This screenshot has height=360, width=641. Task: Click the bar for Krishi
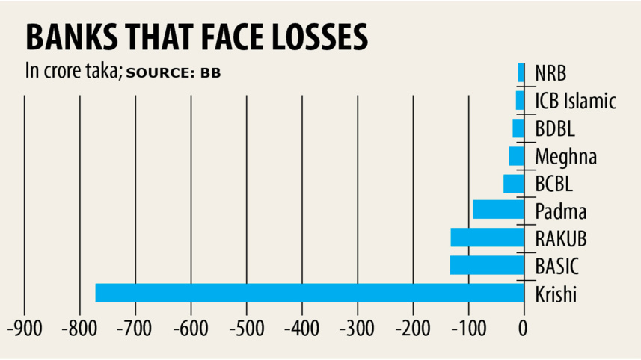(x=310, y=293)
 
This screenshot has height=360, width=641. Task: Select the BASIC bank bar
(x=487, y=265)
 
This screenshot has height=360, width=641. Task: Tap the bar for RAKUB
(x=487, y=238)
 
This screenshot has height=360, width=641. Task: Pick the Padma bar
(x=498, y=210)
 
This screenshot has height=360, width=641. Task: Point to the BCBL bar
(x=514, y=183)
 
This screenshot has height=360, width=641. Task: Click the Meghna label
(x=565, y=156)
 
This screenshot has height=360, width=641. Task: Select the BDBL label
(x=555, y=128)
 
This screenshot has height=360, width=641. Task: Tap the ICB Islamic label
(x=575, y=101)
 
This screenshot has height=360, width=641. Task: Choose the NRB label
(x=550, y=73)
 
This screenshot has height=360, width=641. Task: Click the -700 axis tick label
(x=135, y=328)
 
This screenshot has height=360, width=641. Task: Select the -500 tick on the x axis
(x=246, y=328)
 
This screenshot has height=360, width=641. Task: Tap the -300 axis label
(x=357, y=328)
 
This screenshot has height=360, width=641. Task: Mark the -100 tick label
(x=467, y=328)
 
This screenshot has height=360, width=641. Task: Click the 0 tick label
(x=524, y=328)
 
